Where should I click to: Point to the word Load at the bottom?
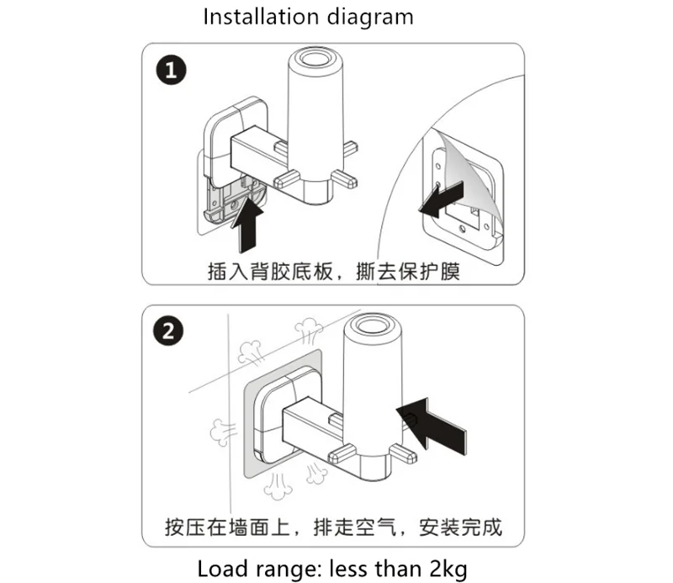click(221, 569)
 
